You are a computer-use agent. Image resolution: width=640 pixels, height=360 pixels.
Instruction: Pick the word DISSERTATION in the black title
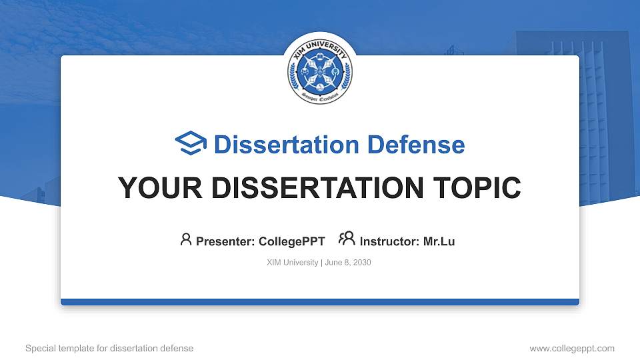313,188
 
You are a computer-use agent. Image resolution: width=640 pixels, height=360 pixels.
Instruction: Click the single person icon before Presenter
186,240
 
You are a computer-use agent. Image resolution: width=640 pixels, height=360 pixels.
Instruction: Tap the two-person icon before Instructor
347,240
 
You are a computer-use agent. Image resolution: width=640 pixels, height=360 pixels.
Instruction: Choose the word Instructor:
390,241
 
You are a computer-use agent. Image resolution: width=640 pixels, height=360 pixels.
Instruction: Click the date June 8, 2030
348,263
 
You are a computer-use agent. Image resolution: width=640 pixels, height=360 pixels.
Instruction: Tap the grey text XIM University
292,263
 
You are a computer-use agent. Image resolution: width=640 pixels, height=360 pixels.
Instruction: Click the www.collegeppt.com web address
571,348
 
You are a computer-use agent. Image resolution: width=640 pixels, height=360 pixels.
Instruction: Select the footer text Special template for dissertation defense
109,348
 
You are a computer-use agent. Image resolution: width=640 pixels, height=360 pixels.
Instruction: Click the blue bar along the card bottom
320,302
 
